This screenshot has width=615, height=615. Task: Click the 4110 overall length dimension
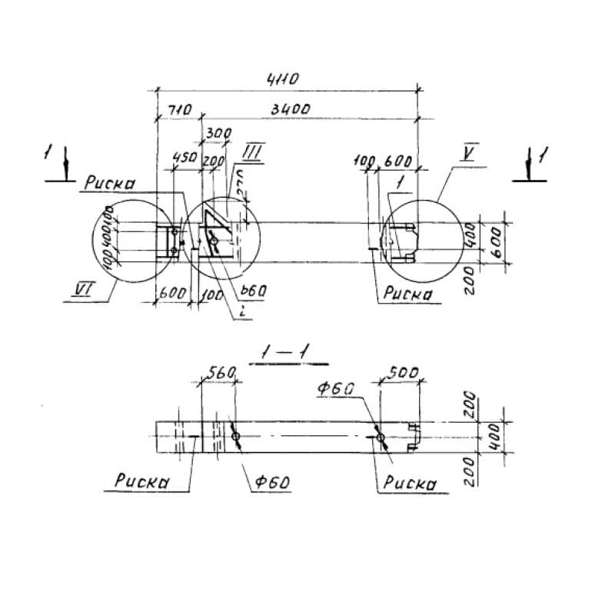(282, 78)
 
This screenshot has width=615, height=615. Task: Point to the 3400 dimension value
(290, 110)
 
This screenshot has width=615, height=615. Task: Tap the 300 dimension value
(219, 134)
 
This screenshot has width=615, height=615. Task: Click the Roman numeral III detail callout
(254, 151)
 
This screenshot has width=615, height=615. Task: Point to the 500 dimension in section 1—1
(403, 373)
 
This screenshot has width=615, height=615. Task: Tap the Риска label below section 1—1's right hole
(410, 484)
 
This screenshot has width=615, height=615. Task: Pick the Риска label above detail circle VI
(111, 184)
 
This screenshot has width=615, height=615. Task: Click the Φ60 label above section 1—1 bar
(335, 390)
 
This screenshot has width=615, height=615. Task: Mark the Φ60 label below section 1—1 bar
(271, 484)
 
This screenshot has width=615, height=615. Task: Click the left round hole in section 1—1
(235, 437)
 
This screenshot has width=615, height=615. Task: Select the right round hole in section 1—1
(381, 437)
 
